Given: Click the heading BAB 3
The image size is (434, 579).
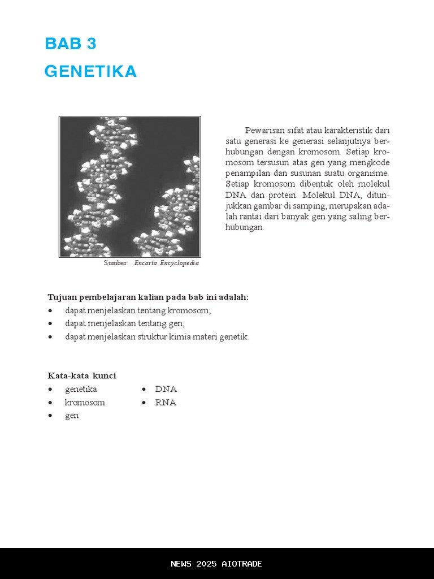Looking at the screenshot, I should click(71, 44).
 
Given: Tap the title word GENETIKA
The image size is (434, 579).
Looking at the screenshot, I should click(90, 72).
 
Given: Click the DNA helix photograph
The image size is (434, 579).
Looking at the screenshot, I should click(130, 187).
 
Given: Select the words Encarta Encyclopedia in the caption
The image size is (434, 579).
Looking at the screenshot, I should click(166, 263).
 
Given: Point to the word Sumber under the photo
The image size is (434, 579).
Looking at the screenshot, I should click(116, 263).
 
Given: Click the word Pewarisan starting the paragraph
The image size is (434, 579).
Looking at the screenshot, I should click(264, 131).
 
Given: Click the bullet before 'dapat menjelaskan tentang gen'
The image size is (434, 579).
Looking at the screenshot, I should click(51, 324).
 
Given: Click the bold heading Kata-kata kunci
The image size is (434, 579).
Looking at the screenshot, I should click(82, 376).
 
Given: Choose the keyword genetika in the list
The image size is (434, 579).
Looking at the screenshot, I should click(81, 390).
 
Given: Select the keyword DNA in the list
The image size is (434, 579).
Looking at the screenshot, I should click(166, 390).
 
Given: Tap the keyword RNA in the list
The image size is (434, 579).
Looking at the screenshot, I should click(166, 403).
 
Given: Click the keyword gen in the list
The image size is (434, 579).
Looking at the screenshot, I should click(72, 416).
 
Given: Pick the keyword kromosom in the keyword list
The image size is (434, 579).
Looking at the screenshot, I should click(85, 403).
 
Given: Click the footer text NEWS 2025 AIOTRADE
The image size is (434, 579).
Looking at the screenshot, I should click(216, 564).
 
